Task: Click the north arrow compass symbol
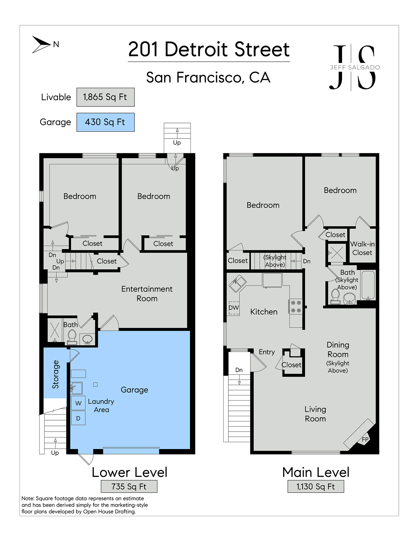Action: [42, 44]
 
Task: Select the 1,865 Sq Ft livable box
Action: [105, 97]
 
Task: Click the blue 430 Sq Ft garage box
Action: [105, 122]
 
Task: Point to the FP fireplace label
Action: [365, 439]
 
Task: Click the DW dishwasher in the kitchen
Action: [234, 308]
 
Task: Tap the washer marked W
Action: [78, 403]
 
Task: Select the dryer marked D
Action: [78, 418]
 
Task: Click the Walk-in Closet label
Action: [362, 248]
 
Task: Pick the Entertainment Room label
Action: [147, 294]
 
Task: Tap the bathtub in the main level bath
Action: [368, 285]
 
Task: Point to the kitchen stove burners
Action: [296, 307]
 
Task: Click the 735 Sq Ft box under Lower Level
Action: [129, 486]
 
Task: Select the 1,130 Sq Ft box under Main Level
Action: [316, 486]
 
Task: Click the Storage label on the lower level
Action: [56, 374]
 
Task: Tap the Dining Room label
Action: [338, 350]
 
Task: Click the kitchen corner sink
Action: [237, 284]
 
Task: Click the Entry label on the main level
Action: [267, 352]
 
